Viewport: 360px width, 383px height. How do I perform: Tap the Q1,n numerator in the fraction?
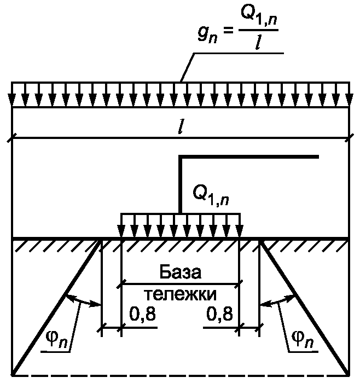[259, 16]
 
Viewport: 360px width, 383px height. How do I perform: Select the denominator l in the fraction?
[258, 42]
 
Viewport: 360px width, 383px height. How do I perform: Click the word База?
[181, 272]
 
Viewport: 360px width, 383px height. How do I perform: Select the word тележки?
[180, 294]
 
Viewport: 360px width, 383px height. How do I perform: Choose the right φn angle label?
[303, 340]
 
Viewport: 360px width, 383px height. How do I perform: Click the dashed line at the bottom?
[181, 375]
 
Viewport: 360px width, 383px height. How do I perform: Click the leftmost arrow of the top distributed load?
[11, 95]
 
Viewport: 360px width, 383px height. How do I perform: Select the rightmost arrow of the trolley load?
[240, 225]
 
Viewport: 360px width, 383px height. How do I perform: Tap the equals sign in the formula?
[228, 31]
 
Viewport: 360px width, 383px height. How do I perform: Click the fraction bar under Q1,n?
[259, 30]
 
